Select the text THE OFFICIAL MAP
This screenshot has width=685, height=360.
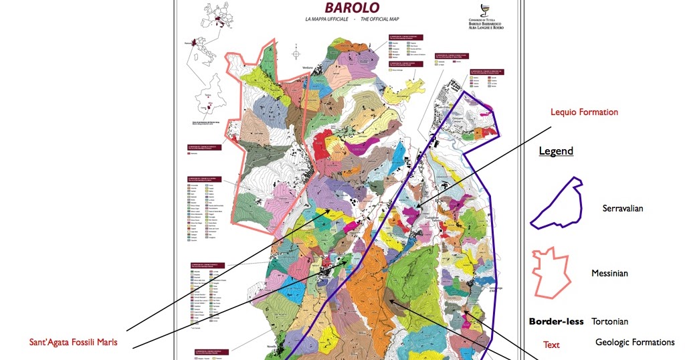[x=379, y=20]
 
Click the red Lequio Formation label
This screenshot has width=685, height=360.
[x=583, y=112]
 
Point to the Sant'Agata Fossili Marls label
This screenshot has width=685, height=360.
[x=73, y=342]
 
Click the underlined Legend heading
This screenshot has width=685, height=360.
[x=556, y=151]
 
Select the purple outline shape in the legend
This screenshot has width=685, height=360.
[x=557, y=203]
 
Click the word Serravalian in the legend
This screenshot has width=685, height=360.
[x=622, y=208]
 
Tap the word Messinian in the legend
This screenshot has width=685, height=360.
[x=609, y=273]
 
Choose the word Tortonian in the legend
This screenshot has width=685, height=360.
[x=609, y=321]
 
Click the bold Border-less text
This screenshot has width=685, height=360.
[x=556, y=321]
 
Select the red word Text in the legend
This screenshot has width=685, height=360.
[x=551, y=345]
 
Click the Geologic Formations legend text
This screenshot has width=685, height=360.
[x=634, y=342]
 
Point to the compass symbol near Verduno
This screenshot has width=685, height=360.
[x=296, y=52]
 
